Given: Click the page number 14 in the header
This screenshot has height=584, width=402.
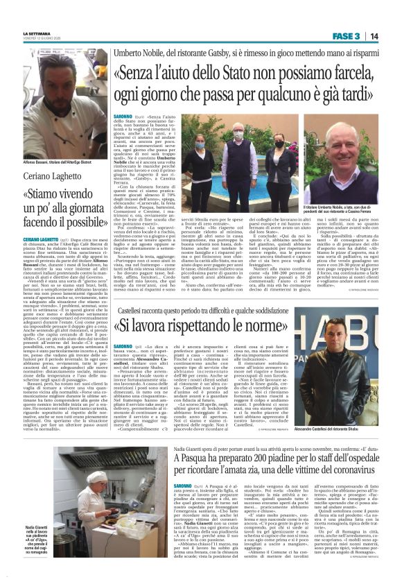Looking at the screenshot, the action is (x=374, y=35).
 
